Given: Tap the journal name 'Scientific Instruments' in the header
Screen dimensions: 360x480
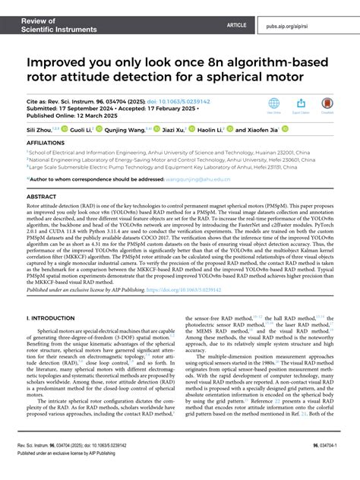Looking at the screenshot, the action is click(52, 18).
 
